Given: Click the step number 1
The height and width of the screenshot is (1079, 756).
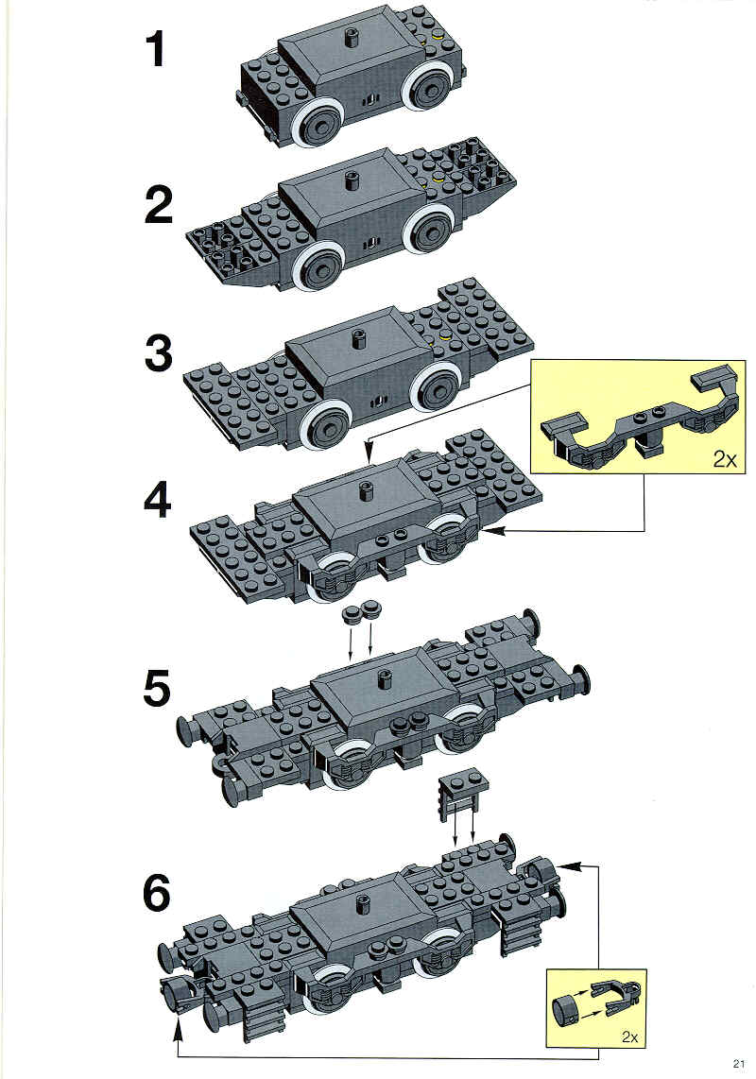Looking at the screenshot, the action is pos(156,51).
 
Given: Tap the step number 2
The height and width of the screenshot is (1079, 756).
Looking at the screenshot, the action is pos(159,205).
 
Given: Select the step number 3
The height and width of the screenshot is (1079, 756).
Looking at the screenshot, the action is pos(159,354).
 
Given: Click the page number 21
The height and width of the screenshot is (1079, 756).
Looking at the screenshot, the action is pos(739,1064).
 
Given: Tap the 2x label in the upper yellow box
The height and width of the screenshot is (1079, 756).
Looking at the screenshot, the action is pos(724,459).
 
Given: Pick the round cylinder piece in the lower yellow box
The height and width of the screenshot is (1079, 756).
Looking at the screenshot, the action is pos(564,1009).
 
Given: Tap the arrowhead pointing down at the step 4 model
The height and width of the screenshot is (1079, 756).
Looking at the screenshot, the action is pos(368,454).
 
